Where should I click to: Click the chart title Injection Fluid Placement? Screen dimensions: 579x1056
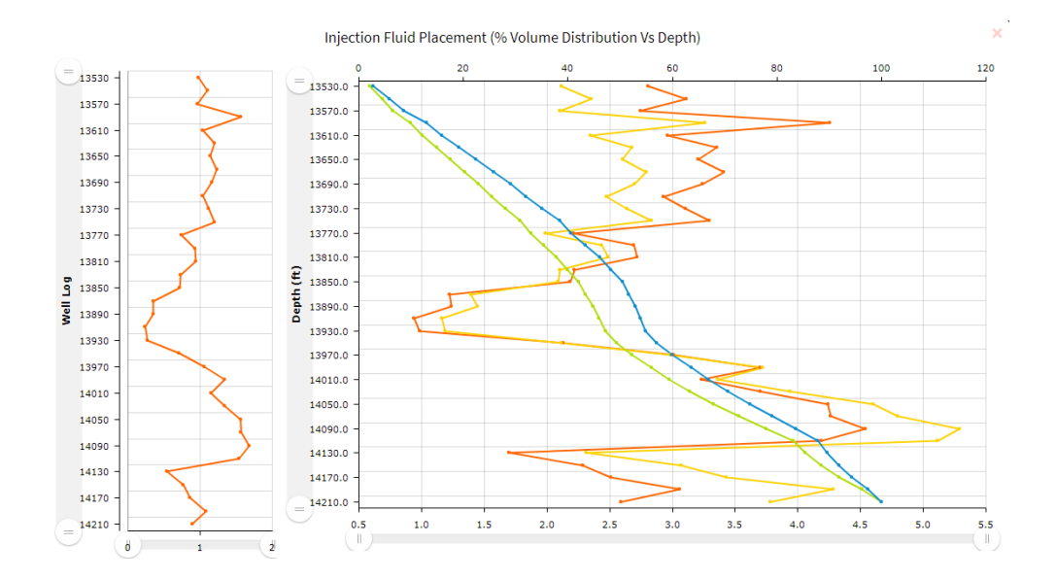click(512, 37)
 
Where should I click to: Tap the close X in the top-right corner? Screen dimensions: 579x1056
click(997, 33)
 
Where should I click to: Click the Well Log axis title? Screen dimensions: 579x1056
click(66, 302)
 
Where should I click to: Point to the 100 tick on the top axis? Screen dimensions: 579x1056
click(881, 68)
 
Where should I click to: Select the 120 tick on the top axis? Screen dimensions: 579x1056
click(985, 68)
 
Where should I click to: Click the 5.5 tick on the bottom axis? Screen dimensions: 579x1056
click(985, 524)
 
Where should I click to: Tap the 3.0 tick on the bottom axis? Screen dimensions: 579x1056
click(672, 524)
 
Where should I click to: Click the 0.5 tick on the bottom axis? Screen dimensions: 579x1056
click(358, 524)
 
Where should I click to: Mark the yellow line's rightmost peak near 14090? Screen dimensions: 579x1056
click(960, 428)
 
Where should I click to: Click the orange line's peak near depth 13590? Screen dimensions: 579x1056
click(829, 122)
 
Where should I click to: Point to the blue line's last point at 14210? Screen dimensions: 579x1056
click(880, 501)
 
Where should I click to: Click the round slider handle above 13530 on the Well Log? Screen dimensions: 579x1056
click(68, 72)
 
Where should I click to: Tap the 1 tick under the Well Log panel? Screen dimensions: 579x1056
click(200, 548)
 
